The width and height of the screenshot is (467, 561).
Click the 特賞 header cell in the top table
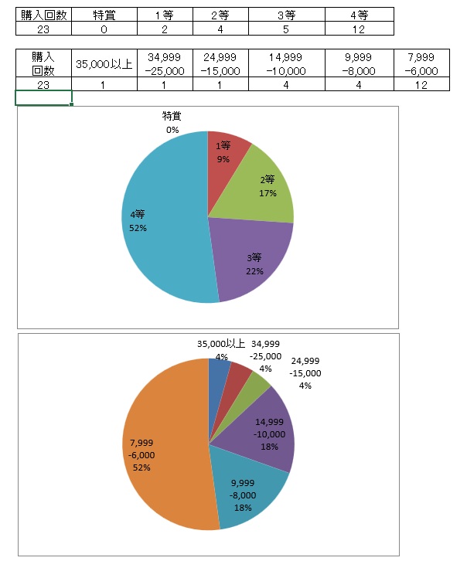(x=104, y=15)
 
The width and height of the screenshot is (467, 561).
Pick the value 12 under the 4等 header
(x=360, y=29)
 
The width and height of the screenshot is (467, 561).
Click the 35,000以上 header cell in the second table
(x=104, y=64)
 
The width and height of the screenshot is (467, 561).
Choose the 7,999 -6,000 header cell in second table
(x=421, y=64)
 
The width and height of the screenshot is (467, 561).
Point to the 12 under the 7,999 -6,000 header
(x=421, y=84)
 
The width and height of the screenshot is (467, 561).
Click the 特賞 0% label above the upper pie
(x=172, y=123)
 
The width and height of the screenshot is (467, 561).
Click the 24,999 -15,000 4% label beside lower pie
(x=305, y=373)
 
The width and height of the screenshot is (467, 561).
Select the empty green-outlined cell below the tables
(x=43, y=97)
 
